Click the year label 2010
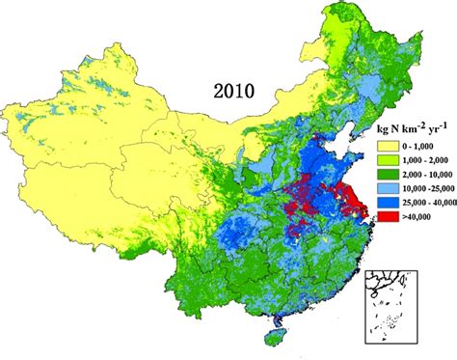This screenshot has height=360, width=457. [x=234, y=92]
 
